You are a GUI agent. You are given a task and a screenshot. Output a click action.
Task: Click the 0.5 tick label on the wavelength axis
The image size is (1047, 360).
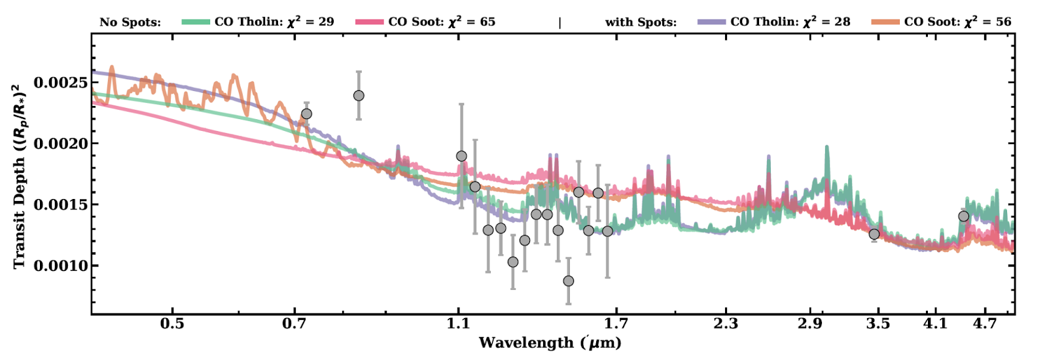coord(172,323)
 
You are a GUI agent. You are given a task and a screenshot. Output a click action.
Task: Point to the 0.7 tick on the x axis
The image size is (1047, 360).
coord(294,323)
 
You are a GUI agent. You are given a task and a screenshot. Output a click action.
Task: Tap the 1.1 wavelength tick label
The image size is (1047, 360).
coord(458,323)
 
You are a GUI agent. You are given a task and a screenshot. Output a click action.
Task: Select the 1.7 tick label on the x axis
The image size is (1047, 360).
coord(616,323)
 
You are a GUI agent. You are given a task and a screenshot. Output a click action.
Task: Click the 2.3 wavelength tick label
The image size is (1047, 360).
coord(726,323)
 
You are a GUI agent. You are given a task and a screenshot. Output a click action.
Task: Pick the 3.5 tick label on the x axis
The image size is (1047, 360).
coord(878,323)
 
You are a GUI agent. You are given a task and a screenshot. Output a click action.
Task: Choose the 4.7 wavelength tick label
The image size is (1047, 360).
coord(985,323)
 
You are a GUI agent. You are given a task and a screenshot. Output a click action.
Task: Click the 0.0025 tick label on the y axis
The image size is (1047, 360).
coord(60,82)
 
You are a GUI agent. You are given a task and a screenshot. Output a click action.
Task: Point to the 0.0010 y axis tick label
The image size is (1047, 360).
coord(60,265)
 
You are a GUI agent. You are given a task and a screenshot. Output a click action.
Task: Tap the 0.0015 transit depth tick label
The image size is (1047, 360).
coord(60,204)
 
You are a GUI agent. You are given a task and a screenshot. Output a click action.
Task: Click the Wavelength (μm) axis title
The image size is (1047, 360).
coord(550,343)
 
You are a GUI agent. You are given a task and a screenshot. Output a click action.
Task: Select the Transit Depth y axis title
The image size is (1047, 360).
coord(19,175)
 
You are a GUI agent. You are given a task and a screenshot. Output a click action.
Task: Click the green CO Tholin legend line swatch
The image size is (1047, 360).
coord(196,22)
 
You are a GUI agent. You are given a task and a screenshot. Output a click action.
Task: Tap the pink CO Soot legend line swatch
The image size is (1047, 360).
coord(370,22)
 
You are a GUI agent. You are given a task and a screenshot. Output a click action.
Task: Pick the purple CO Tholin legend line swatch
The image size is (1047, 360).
coord(712,22)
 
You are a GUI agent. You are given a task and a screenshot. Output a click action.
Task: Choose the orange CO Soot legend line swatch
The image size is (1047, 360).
coord(885,22)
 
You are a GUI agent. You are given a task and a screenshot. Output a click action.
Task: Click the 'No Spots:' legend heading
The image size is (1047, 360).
coord(130,22)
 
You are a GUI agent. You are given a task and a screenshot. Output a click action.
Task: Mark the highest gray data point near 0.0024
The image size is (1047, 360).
coord(359,96)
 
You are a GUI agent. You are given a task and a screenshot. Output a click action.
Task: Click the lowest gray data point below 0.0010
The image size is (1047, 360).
coord(569,281)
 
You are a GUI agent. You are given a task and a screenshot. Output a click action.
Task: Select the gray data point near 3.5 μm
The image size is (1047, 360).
coord(874,234)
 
